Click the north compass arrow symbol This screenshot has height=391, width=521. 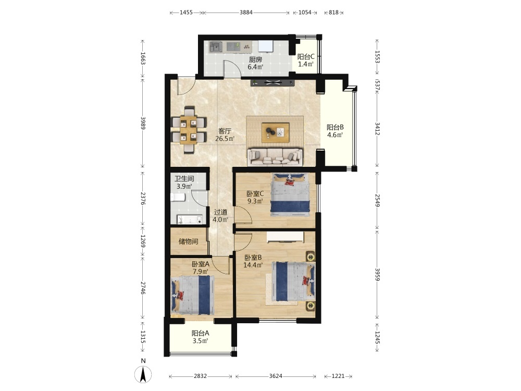[x=143, y=374]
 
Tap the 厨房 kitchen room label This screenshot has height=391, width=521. [x=255, y=59]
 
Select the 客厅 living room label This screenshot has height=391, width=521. [x=225, y=131]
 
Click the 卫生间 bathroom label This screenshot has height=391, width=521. [x=184, y=178]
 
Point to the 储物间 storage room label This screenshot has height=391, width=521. [x=189, y=241]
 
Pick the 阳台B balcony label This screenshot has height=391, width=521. [x=335, y=127]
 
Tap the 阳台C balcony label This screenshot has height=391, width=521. [x=306, y=56]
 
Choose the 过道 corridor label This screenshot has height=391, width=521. [x=220, y=212]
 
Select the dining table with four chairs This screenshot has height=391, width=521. [x=189, y=130]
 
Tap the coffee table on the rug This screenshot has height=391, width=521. [x=276, y=132]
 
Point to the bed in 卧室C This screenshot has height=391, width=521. [x=290, y=194]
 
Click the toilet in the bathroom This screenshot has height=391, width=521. [x=178, y=198]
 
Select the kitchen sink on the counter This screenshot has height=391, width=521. [x=216, y=46]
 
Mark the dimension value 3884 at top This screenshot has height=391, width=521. [x=246, y=13]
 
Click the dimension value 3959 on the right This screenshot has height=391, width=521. [x=377, y=274]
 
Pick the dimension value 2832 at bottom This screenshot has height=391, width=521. [x=201, y=376]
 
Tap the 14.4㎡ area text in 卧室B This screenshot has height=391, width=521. [x=253, y=265]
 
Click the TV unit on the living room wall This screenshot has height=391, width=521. [x=273, y=82]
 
